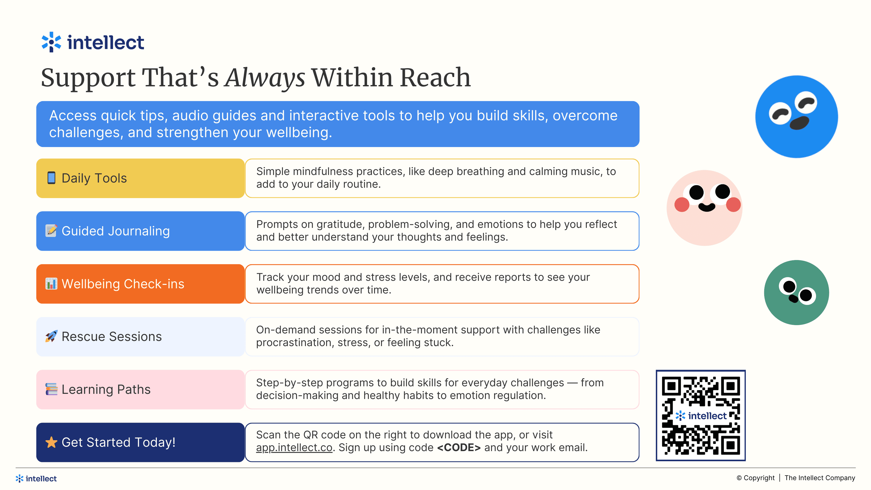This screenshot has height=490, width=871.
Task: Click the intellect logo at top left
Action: click(x=93, y=42)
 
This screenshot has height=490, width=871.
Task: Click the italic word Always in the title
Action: click(x=265, y=78)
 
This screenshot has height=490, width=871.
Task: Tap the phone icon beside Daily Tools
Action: click(x=51, y=178)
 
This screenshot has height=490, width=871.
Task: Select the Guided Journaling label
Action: click(x=116, y=231)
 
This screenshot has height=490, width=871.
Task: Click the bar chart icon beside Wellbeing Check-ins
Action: click(x=51, y=284)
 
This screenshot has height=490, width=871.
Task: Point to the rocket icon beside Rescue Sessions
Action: click(x=51, y=336)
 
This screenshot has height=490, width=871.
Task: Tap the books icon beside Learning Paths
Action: click(x=51, y=389)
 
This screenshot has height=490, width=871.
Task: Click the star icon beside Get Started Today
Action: click(x=51, y=442)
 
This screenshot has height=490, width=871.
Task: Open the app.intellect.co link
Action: click(x=294, y=447)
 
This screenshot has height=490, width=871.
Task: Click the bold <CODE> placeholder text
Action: click(x=459, y=447)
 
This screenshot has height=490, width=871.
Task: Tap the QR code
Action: click(x=701, y=415)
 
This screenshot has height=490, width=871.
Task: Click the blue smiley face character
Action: click(x=797, y=116)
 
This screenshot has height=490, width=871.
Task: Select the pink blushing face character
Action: click(x=705, y=208)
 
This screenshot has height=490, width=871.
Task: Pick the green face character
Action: click(x=797, y=292)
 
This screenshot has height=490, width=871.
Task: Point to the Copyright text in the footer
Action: click(x=755, y=478)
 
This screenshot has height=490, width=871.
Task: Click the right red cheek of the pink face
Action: click(x=733, y=205)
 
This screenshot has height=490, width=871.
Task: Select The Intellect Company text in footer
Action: click(x=820, y=478)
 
